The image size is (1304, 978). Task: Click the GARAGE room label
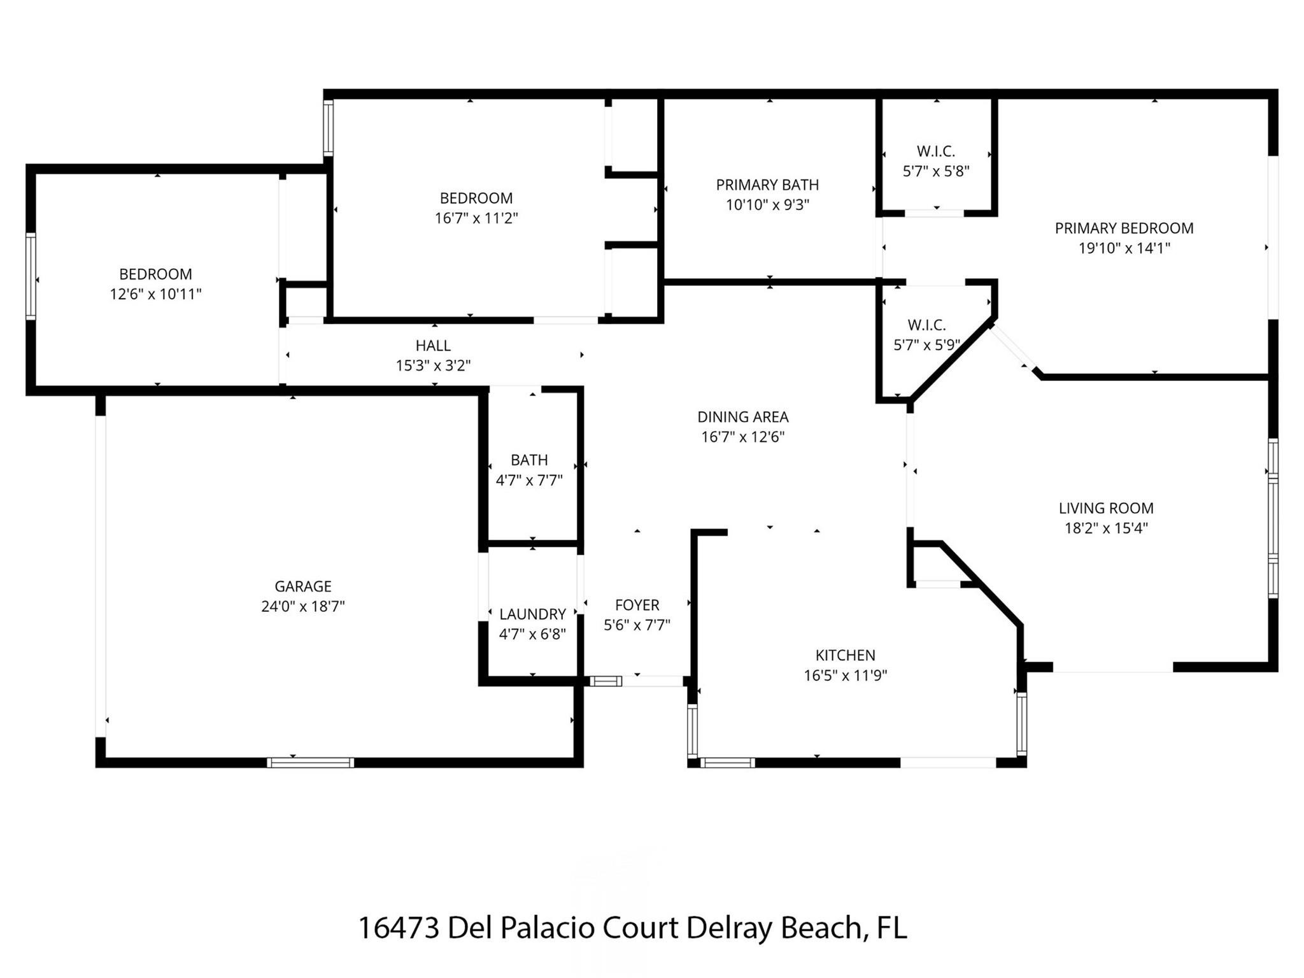pyautogui.click(x=303, y=586)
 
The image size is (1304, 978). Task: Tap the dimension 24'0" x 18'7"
pyautogui.click(x=303, y=606)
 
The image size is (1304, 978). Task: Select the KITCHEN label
pyautogui.click(x=845, y=655)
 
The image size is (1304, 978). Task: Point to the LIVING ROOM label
pyautogui.click(x=1106, y=508)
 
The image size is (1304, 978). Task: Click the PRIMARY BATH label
pyautogui.click(x=767, y=185)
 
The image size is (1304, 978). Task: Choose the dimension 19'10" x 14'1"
pyautogui.click(x=1124, y=248)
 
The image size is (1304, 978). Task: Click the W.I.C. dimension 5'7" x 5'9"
pyautogui.click(x=926, y=345)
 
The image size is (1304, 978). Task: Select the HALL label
pyautogui.click(x=433, y=346)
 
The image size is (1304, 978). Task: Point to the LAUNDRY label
pyautogui.click(x=532, y=614)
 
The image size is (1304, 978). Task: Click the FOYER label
pyautogui.click(x=637, y=605)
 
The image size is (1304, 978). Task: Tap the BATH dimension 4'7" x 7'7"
pyautogui.click(x=529, y=480)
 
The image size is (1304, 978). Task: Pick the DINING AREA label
pyautogui.click(x=742, y=417)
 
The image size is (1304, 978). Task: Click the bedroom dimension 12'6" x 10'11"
pyautogui.click(x=155, y=294)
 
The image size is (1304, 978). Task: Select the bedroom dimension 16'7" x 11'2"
pyautogui.click(x=476, y=218)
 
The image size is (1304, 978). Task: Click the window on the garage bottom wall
pyautogui.click(x=310, y=762)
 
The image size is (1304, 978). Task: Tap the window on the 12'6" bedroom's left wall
pyautogui.click(x=30, y=276)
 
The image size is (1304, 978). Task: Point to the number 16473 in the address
pyautogui.click(x=398, y=928)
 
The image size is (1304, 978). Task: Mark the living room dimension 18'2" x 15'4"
pyautogui.click(x=1106, y=528)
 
